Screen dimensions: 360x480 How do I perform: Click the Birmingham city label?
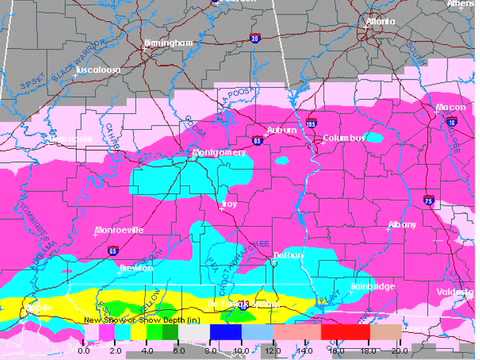pos(166,44)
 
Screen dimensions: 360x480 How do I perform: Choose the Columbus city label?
pos(343,137)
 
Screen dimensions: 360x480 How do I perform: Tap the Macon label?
pos(450,107)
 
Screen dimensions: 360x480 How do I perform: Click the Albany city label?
pos(402,225)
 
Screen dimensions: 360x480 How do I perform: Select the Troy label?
pos(229,204)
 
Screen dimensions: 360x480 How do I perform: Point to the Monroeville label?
pos(119,229)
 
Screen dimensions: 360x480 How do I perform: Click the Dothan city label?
pos(289,256)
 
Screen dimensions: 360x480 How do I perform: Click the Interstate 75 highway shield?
pos(427,199)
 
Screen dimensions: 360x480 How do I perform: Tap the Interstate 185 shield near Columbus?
pos(311,124)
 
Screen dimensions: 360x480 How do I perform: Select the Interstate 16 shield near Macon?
pos(452,121)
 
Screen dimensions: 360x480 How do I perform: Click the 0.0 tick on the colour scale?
pos(84,350)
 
